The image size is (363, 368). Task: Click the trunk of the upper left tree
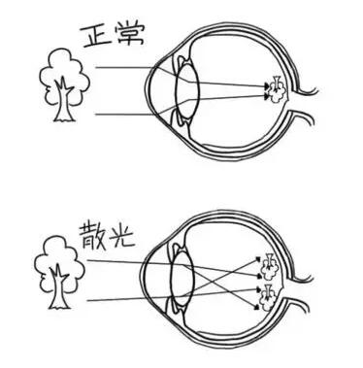(x=64, y=104)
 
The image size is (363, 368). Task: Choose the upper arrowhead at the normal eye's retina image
(x=266, y=85)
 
